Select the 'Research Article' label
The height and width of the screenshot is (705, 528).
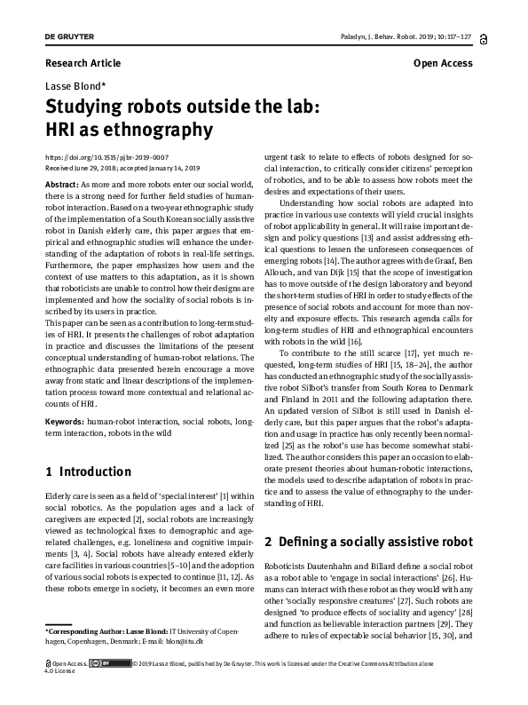(x=83, y=63)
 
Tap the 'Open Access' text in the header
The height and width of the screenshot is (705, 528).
(x=443, y=63)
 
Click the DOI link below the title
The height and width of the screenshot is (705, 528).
(x=106, y=156)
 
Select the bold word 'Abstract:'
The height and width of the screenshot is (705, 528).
(x=64, y=182)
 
